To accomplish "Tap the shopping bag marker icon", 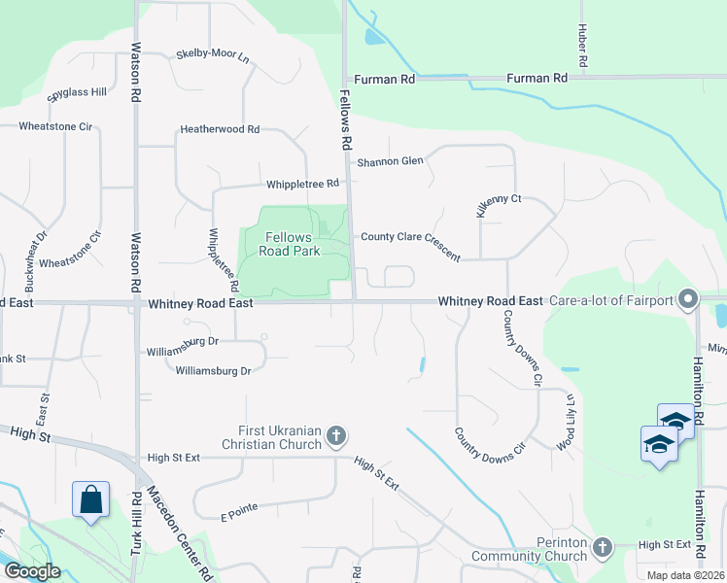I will coord(90,499).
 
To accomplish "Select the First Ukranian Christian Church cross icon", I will coord(335,434).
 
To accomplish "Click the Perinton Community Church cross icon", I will coord(602,547).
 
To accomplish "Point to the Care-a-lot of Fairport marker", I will coord(689,299).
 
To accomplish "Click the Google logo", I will coord(31,571).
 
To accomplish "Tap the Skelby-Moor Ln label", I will coord(213,56).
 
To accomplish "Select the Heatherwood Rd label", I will coord(220,129).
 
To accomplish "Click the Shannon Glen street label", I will coord(392,161).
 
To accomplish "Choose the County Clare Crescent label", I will coord(410,243).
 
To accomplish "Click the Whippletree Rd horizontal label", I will coord(301,184).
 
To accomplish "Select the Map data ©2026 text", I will coord(685,575).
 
